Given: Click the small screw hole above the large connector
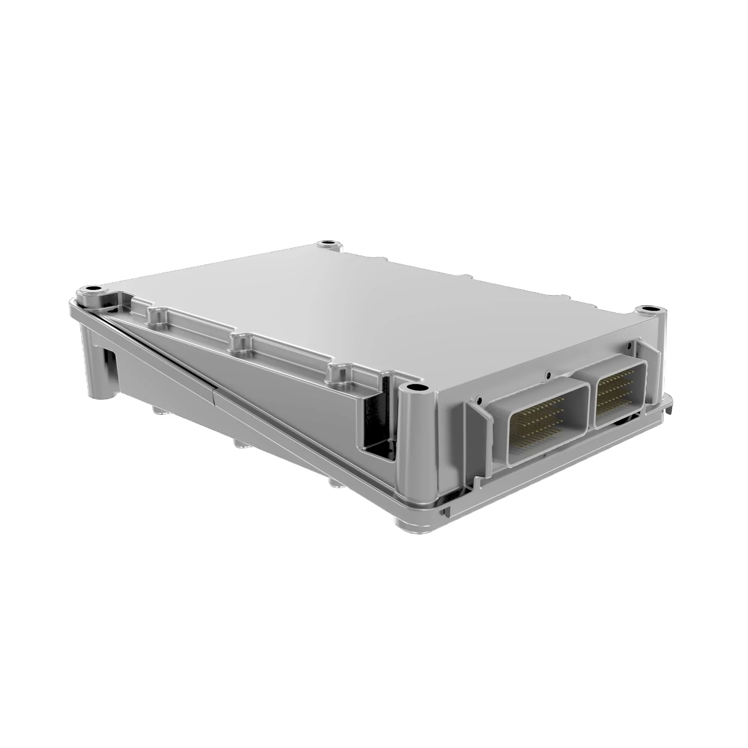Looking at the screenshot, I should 547,374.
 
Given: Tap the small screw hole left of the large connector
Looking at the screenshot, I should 479,399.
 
